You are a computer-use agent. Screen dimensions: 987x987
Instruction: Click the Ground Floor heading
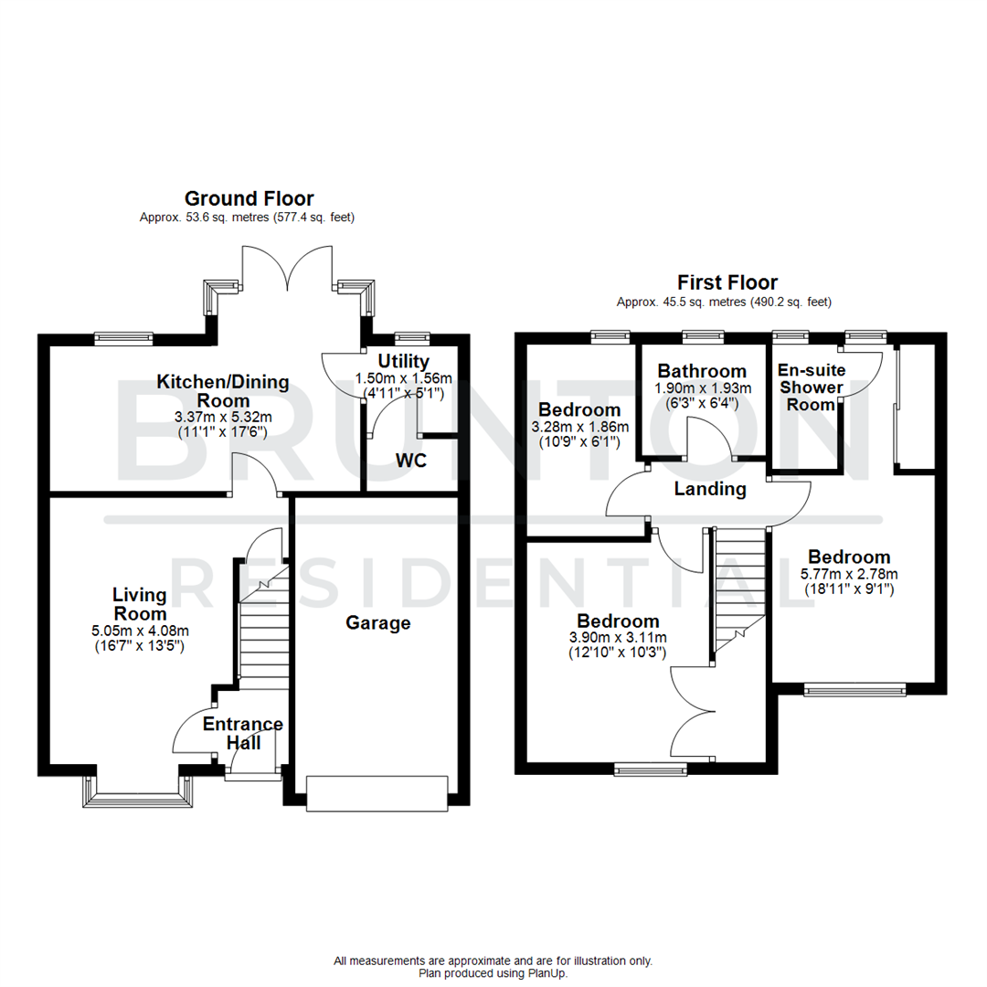point(249,198)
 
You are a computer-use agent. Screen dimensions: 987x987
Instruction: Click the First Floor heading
point(727,282)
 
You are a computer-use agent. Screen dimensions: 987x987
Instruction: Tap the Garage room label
point(377,623)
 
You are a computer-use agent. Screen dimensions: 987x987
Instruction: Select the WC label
point(410,461)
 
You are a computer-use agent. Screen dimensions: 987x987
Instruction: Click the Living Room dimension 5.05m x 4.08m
point(140,631)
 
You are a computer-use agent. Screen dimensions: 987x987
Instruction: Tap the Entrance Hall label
point(243,733)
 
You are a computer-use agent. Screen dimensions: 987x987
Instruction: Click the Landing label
point(710,489)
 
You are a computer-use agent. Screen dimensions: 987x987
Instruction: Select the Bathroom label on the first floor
point(702,371)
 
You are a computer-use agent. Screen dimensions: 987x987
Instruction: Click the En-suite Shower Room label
point(812,387)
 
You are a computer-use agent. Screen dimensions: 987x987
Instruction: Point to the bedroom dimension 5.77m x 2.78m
point(849,574)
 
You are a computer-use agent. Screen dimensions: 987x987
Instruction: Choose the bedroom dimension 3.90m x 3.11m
point(618,638)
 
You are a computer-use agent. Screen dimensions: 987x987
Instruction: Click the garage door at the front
point(377,792)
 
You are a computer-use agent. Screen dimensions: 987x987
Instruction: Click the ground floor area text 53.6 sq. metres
point(247,218)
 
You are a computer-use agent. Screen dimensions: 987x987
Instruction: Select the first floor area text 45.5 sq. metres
point(725,302)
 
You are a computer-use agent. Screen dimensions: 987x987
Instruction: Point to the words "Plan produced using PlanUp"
point(493,973)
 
